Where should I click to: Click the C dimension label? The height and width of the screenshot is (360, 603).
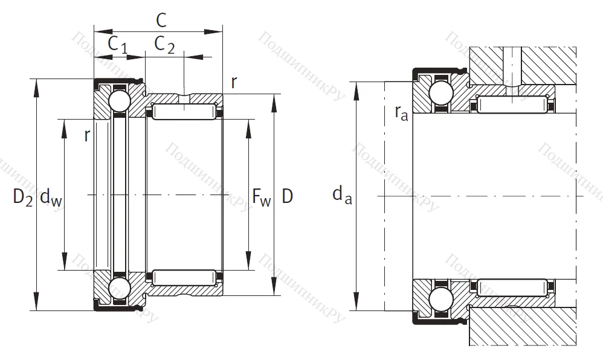[161, 20]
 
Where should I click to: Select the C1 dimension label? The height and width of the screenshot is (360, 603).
[117, 45]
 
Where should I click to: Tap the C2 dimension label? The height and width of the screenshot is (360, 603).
[164, 45]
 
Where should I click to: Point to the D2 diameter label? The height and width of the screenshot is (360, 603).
[23, 196]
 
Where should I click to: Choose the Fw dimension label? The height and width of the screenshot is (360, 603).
[261, 197]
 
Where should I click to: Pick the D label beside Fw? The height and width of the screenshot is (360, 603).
[288, 196]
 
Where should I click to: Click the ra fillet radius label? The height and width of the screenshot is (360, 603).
[401, 112]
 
